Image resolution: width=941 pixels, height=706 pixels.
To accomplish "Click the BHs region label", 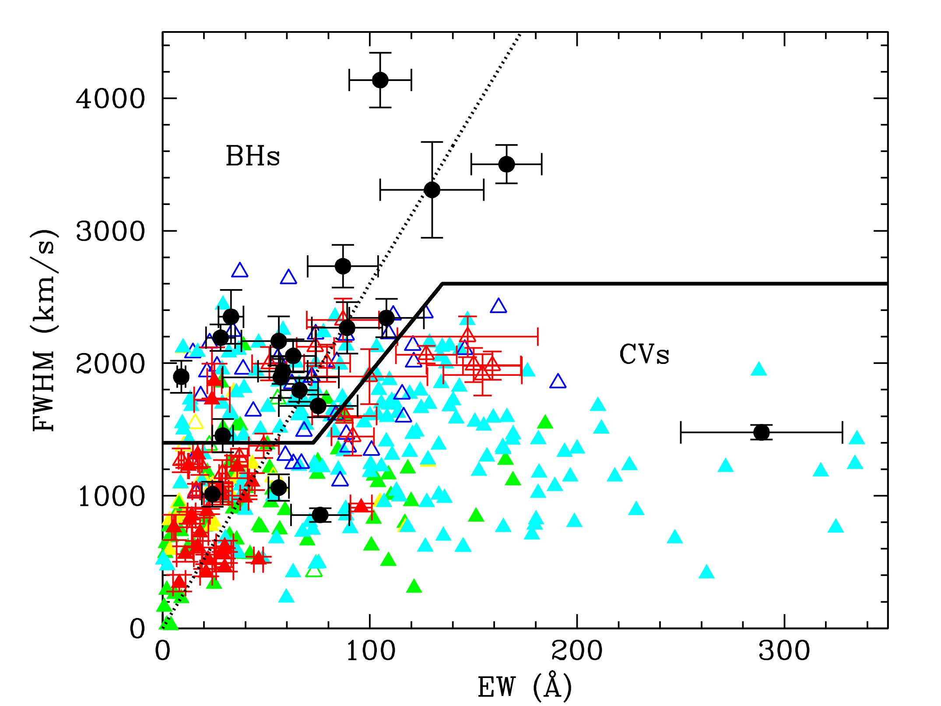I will [x=253, y=156].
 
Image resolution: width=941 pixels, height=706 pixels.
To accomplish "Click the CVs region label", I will [x=644, y=354].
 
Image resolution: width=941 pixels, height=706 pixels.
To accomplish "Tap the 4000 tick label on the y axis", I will [x=110, y=99].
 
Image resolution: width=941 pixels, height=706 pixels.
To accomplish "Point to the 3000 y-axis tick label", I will [x=110, y=231].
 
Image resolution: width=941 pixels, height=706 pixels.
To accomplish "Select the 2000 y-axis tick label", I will [x=110, y=364].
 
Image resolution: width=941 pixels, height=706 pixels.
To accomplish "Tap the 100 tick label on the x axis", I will [x=370, y=651].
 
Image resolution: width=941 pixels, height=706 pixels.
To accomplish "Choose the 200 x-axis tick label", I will [x=577, y=651].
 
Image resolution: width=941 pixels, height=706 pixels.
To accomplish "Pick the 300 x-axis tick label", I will [x=784, y=651].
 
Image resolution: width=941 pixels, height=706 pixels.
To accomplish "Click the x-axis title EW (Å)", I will [x=525, y=686].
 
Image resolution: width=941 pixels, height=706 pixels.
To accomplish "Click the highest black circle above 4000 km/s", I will [x=380, y=80].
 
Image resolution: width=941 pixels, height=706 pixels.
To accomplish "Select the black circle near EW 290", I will [x=762, y=432].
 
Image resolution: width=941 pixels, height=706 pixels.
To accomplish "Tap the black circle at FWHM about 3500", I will [x=506, y=164].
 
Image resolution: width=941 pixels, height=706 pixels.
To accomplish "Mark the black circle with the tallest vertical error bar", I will [x=432, y=190].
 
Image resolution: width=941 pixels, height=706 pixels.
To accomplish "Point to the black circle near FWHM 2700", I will [x=343, y=266].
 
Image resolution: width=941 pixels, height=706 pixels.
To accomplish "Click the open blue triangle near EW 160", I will [x=499, y=306].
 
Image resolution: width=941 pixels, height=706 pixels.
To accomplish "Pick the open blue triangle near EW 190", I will [x=558, y=382].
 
